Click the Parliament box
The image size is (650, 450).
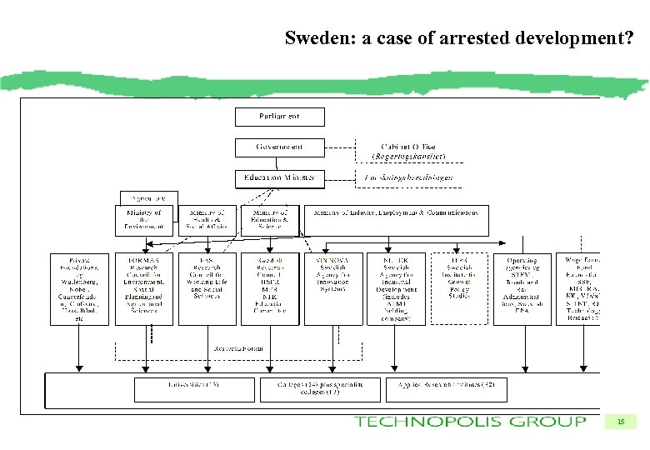(279, 117)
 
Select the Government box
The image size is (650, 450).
(279, 147)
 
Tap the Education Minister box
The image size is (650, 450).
(279, 178)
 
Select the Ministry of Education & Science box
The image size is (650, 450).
(269, 220)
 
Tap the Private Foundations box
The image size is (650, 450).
(80, 288)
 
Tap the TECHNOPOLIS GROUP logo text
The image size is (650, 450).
(471, 421)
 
